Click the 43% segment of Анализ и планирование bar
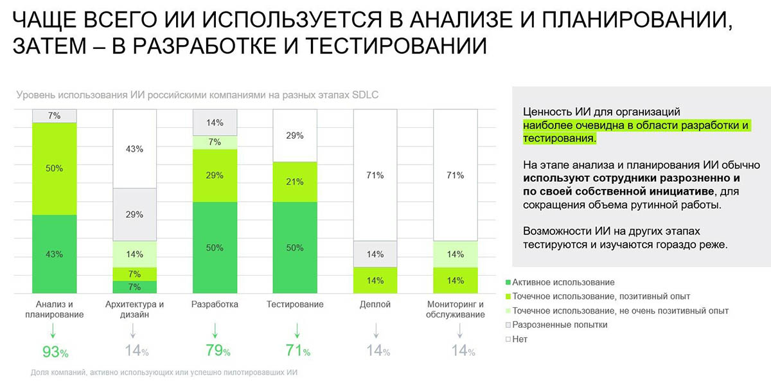click(55, 254)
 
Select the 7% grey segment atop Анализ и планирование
click(55, 116)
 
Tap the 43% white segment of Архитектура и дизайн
click(134, 148)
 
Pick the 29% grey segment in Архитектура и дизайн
click(134, 215)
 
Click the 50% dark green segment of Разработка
click(215, 247)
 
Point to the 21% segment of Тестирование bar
click(295, 182)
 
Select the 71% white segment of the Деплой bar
click(375, 175)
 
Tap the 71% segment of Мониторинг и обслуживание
click(456, 175)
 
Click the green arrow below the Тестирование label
click(296, 330)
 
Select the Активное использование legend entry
click(559, 282)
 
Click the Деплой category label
click(375, 304)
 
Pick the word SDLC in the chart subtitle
click(365, 95)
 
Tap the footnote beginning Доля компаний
click(164, 372)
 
